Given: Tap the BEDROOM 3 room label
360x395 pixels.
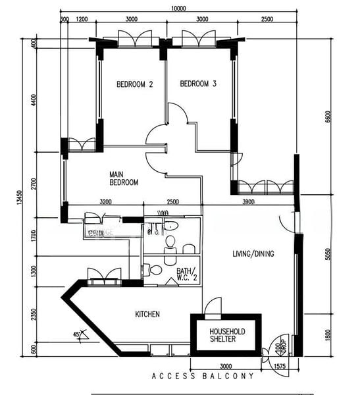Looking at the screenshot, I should (198, 84).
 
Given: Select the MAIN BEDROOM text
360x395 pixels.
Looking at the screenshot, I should (124, 178).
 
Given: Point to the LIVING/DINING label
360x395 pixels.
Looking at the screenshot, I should (253, 253).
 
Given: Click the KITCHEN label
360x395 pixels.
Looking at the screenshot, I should (147, 315).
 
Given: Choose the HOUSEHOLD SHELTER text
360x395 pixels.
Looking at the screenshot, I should (226, 336).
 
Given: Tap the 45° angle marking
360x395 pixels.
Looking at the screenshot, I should (79, 336).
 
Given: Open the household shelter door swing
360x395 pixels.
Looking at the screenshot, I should (213, 307).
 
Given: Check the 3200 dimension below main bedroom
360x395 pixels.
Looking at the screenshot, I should (105, 201).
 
